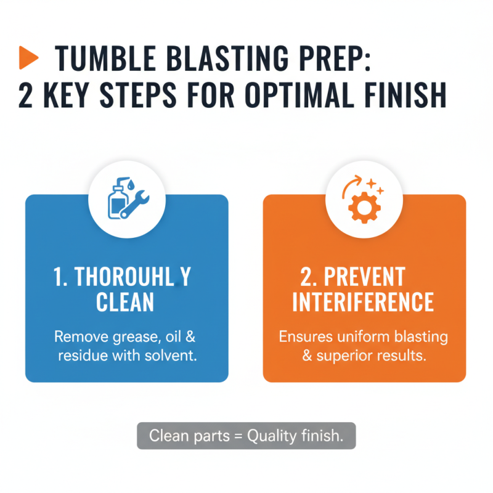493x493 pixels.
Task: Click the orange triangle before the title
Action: pos(29,58)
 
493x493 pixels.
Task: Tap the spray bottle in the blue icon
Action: pos(115,197)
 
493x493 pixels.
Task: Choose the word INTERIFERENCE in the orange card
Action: pos(364,303)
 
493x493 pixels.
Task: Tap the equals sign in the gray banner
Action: pos(237,436)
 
